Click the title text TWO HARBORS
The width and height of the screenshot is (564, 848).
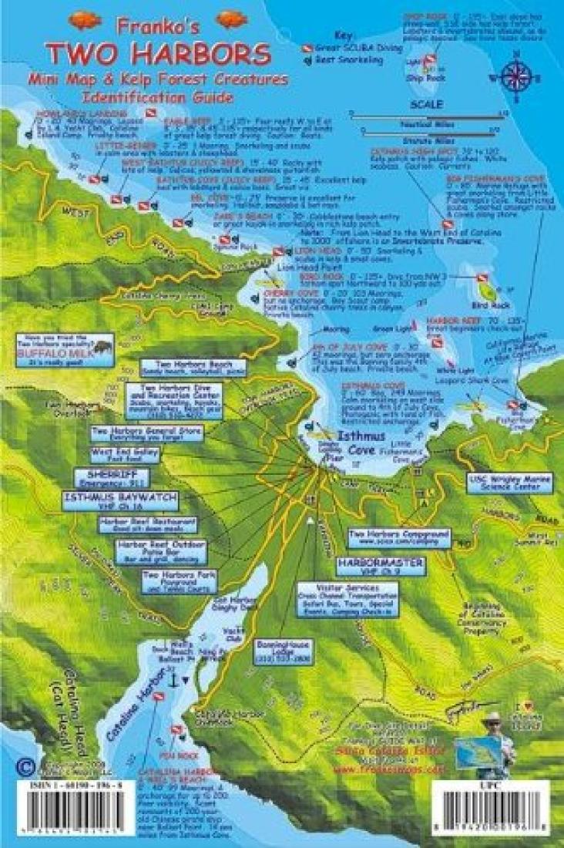pos(157,54)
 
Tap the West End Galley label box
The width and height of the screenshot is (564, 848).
pos(125,454)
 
